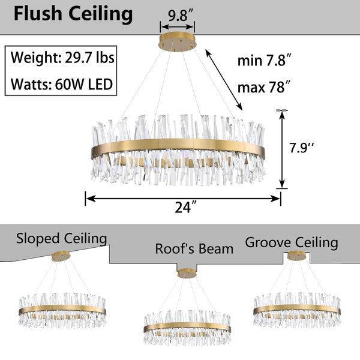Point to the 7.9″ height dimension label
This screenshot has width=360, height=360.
tap(301, 148)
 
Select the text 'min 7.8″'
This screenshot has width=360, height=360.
tap(265, 61)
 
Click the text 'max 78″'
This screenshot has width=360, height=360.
tap(264, 87)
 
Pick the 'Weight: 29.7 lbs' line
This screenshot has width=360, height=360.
tap(62, 58)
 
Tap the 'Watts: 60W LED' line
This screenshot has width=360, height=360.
tap(62, 84)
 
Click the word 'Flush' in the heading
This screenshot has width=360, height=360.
tap(38, 14)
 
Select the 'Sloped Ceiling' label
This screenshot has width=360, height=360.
tap(62, 239)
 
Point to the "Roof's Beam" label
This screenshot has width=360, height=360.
tap(194, 248)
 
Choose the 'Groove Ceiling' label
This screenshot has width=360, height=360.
tap(292, 242)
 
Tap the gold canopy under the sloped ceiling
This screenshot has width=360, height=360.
tap(61, 256)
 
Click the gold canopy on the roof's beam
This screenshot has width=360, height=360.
tap(187, 274)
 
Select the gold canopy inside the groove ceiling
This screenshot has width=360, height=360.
tap(296, 256)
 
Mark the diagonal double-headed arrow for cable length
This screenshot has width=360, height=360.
tap(224, 80)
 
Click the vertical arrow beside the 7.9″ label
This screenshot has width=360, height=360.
tap(282, 149)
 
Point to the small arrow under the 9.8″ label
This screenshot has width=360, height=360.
tap(177, 26)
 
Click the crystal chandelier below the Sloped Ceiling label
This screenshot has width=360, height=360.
tap(62, 310)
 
